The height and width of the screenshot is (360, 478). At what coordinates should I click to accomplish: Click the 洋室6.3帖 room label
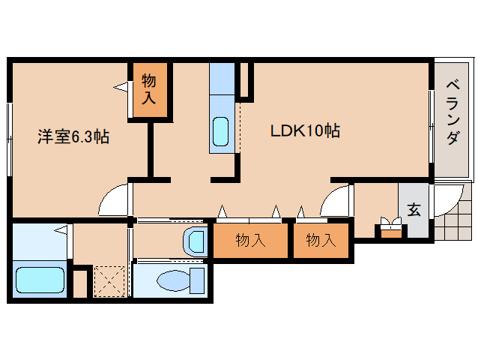pyautogui.click(x=74, y=136)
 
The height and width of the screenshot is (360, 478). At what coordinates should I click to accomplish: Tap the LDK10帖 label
pyautogui.click(x=305, y=131)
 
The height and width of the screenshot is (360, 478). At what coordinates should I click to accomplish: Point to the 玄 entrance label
pyautogui.click(x=414, y=209)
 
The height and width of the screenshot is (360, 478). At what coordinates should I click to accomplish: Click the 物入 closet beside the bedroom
pyautogui.click(x=149, y=89)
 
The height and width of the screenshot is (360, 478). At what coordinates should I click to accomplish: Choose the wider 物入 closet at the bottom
pyautogui.click(x=251, y=241)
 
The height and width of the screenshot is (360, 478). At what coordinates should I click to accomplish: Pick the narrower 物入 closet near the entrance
pyautogui.click(x=321, y=241)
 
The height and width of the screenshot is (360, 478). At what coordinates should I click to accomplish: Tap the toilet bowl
pyautogui.click(x=173, y=280)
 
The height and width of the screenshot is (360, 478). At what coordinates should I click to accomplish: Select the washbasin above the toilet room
pyautogui.click(x=194, y=241)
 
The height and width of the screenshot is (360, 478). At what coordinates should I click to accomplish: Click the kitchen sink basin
pyautogui.click(x=222, y=133)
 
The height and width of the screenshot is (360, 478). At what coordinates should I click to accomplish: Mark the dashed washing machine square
pyautogui.click(x=109, y=281)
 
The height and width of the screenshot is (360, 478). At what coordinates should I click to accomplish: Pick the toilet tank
pyautogui.click(x=197, y=280)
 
